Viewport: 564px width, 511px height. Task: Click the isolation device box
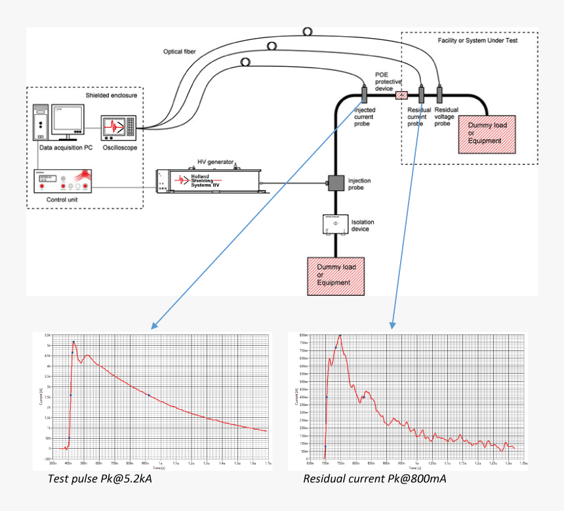click(x=336, y=224)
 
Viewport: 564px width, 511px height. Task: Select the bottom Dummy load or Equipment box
click(x=336, y=276)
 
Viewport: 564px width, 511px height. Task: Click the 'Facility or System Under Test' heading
click(x=477, y=40)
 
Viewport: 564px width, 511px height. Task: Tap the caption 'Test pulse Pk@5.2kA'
click(x=100, y=479)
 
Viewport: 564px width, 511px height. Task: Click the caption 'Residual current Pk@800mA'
click(x=374, y=479)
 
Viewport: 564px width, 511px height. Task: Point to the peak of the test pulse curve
click(x=73, y=342)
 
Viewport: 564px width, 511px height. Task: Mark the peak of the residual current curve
click(x=340, y=335)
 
